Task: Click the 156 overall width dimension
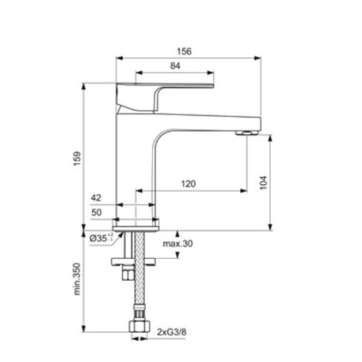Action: point(184,52)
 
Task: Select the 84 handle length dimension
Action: point(175,66)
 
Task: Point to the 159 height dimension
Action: point(77,159)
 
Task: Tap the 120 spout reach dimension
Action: point(188,184)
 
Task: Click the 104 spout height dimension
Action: point(264,182)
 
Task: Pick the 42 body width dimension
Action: point(96,198)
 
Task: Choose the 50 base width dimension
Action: point(96,213)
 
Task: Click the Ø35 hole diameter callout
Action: point(101,238)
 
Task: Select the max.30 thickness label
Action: point(178,244)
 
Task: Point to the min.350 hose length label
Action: point(77,279)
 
